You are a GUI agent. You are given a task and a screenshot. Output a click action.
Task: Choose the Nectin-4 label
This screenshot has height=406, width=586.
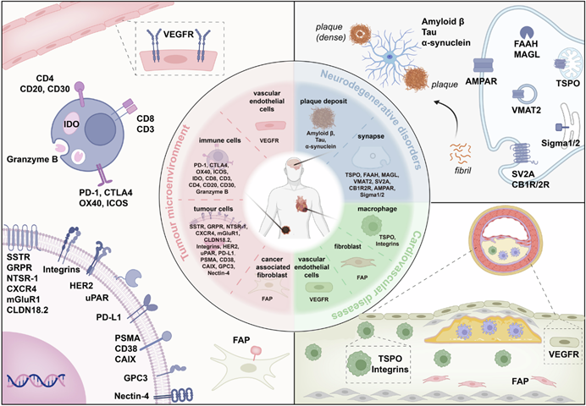coord(129,394)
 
